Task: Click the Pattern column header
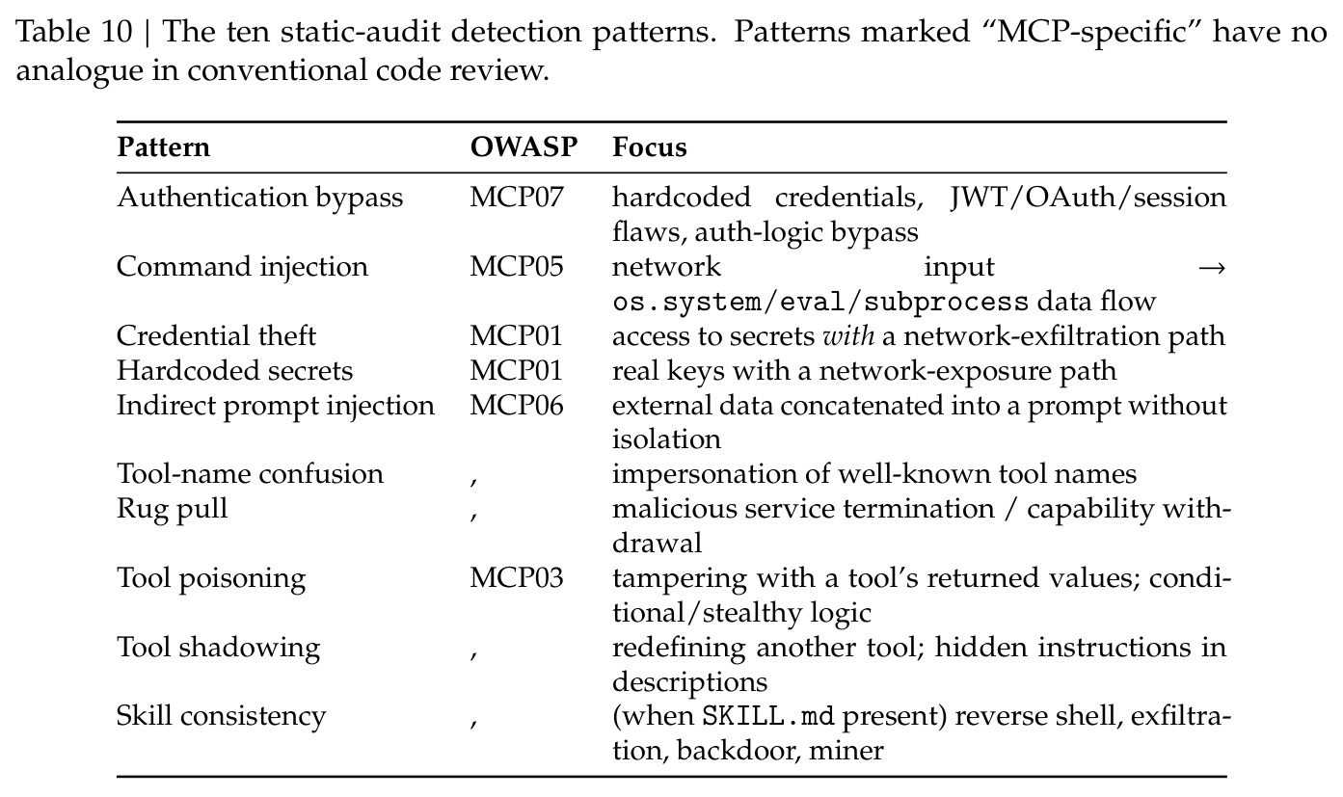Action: (x=163, y=147)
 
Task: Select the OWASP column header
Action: (x=524, y=147)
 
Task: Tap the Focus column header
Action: (x=649, y=147)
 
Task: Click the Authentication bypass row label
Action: (x=259, y=199)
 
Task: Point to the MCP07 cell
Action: (x=516, y=198)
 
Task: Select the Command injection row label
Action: (x=242, y=267)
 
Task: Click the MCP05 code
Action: (x=516, y=267)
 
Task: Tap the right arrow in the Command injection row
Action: (x=1212, y=269)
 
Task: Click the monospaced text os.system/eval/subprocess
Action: (x=820, y=302)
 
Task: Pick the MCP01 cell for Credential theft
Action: (x=516, y=336)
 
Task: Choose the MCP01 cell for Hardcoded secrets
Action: (x=516, y=371)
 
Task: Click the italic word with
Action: (x=848, y=336)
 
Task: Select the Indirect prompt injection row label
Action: (x=275, y=406)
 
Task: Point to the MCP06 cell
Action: (x=516, y=406)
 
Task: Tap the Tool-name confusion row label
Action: (x=250, y=474)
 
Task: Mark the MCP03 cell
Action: (x=516, y=578)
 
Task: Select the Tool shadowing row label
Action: (x=218, y=649)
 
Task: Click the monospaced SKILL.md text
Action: (x=768, y=717)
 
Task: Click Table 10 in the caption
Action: (x=73, y=31)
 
